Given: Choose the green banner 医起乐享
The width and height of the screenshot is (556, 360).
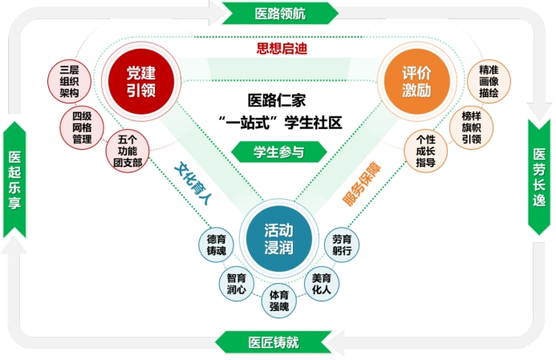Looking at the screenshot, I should point(15,179).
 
